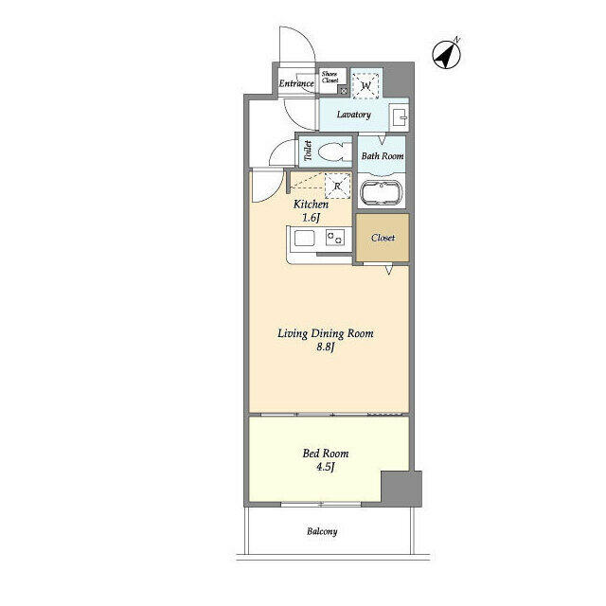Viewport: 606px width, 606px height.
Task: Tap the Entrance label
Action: pyautogui.click(x=296, y=84)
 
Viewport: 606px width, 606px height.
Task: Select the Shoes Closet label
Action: pyautogui.click(x=330, y=79)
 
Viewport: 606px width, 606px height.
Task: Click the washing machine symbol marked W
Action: pyautogui.click(x=366, y=85)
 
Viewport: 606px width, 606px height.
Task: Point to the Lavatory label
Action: pyautogui.click(x=353, y=116)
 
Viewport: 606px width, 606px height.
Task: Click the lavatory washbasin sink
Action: pyautogui.click(x=399, y=118)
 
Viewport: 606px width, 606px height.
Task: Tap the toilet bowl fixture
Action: pyautogui.click(x=331, y=151)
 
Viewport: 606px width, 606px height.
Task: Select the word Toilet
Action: pyautogui.click(x=307, y=151)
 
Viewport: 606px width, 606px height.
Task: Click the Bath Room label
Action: pyautogui.click(x=383, y=155)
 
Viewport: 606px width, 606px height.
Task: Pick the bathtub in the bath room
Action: pyautogui.click(x=383, y=195)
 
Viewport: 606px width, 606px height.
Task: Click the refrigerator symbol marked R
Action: pyautogui.click(x=338, y=187)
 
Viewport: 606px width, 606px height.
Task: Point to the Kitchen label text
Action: pyautogui.click(x=311, y=205)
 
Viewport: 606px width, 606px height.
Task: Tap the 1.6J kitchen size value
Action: pyautogui.click(x=311, y=219)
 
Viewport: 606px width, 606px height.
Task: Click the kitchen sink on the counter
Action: pyautogui.click(x=333, y=241)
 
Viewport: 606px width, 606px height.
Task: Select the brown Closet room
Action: pyautogui.click(x=383, y=238)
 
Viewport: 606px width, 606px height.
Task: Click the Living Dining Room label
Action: pyautogui.click(x=326, y=333)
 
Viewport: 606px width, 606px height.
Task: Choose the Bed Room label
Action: pyautogui.click(x=317, y=452)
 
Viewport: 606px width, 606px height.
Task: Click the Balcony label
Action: pyautogui.click(x=321, y=532)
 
